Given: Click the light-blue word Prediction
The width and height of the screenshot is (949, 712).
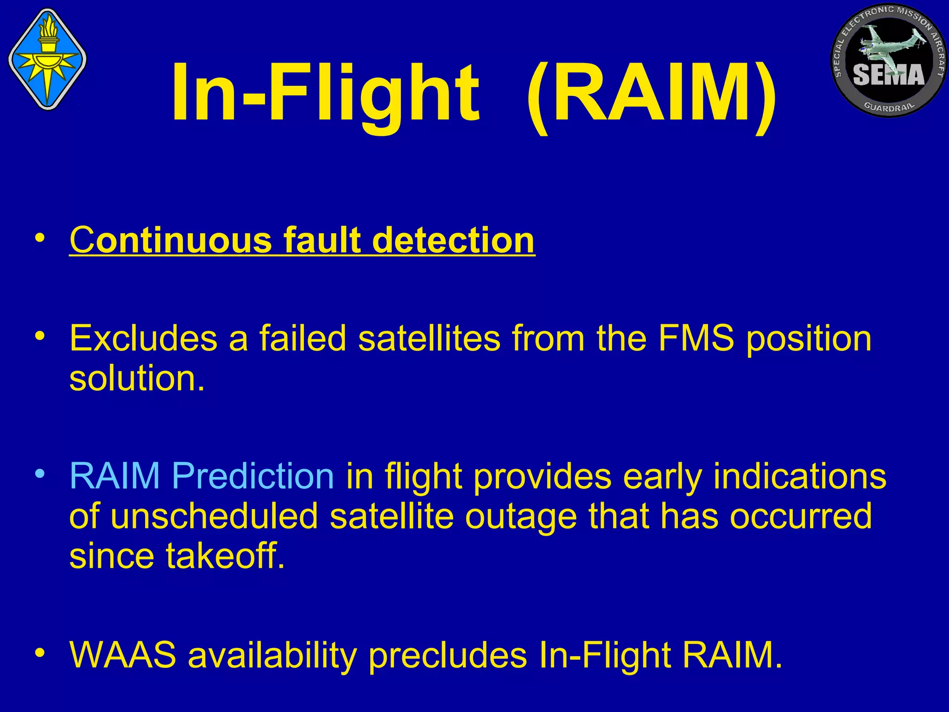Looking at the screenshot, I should [x=253, y=476].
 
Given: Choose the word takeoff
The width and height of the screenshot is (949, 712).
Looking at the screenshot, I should [x=225, y=556].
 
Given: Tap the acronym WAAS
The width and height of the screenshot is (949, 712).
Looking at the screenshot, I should [x=123, y=655].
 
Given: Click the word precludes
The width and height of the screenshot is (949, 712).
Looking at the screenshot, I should [x=448, y=655].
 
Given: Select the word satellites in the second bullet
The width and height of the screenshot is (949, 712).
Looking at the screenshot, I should [x=429, y=338].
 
